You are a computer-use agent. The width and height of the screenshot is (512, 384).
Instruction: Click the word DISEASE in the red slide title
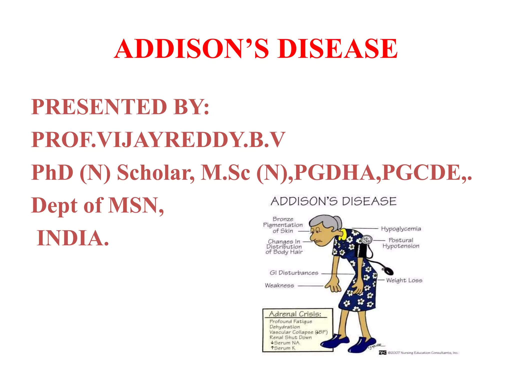pyautogui.click(x=337, y=49)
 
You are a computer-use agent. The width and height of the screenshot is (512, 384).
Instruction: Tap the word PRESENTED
pyautogui.click(x=99, y=107)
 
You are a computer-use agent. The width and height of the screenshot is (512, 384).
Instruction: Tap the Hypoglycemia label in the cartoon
pyautogui.click(x=401, y=229)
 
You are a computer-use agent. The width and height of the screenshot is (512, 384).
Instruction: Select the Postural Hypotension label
pyautogui.click(x=401, y=243)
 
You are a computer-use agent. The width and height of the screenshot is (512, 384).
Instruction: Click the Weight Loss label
pyautogui.click(x=404, y=280)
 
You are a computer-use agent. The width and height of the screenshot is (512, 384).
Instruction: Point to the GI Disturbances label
pyautogui.click(x=294, y=273)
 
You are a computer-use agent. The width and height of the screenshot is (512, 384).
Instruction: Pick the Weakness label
pyautogui.click(x=279, y=285)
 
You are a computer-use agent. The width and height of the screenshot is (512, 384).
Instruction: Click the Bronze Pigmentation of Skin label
pyautogui.click(x=283, y=225)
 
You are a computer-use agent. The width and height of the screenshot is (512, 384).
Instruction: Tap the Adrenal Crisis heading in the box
pyautogui.click(x=295, y=314)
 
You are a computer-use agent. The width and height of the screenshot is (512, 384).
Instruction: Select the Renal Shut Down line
pyautogui.click(x=290, y=337)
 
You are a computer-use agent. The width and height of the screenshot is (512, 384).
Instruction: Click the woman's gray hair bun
pyautogui.click(x=337, y=221)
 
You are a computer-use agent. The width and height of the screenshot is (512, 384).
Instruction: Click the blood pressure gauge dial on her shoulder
pyautogui.click(x=367, y=240)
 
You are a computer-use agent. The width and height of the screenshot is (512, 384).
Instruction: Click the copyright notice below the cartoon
pyautogui.click(x=422, y=353)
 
